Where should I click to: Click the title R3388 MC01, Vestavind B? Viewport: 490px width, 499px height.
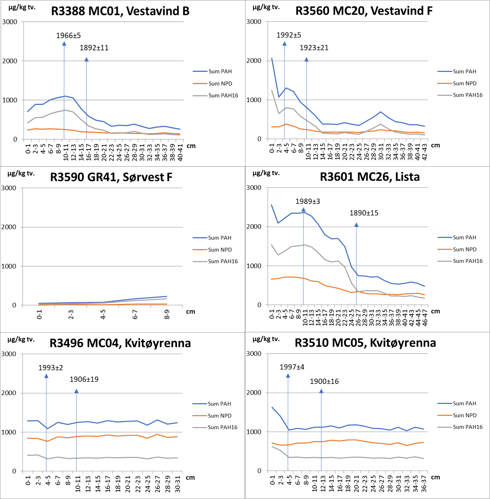[120, 11]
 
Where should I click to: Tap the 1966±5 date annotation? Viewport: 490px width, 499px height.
[68, 35]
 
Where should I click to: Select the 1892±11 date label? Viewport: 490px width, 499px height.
[94, 48]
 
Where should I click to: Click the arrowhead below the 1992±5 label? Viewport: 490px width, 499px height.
[285, 44]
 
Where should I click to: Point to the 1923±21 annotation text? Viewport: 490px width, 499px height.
[314, 48]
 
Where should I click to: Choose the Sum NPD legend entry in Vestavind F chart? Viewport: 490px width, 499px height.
[464, 84]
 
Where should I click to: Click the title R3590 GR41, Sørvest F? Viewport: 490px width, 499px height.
[111, 177]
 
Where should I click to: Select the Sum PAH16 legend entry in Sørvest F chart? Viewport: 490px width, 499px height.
[223, 261]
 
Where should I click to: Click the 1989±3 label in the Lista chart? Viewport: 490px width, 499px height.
[308, 201]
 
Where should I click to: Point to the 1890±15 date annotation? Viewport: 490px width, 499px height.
[364, 213]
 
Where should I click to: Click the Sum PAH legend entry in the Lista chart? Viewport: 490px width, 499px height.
[464, 238]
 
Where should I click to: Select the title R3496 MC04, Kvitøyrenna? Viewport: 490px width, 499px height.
[120, 343]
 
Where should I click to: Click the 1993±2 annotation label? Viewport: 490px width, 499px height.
[51, 368]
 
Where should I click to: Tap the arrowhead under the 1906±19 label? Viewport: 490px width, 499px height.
[76, 391]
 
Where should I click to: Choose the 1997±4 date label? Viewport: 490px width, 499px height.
[292, 367]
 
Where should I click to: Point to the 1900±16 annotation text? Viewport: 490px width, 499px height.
[324, 381]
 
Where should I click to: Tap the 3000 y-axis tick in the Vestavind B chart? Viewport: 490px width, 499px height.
[10, 22]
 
